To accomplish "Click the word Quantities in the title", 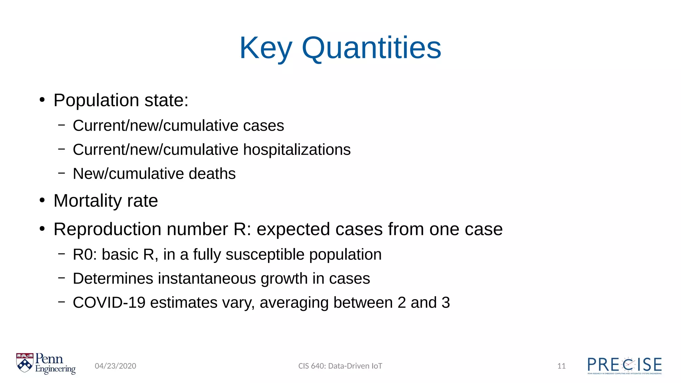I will (371, 49).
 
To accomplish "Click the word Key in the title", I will (266, 49).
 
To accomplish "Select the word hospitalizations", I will (297, 150).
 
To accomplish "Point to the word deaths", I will (212, 174).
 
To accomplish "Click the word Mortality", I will (88, 201).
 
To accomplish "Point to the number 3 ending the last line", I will (446, 303).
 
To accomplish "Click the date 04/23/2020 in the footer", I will (115, 366).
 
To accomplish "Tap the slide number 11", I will (561, 366).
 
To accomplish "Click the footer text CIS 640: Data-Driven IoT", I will (340, 366).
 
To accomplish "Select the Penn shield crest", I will (25, 362).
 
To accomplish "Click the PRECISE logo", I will (624, 365).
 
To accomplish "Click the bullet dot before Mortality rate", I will (42, 200).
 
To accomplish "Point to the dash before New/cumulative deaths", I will (62, 173).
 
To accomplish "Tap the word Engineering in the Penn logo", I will (56, 369).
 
